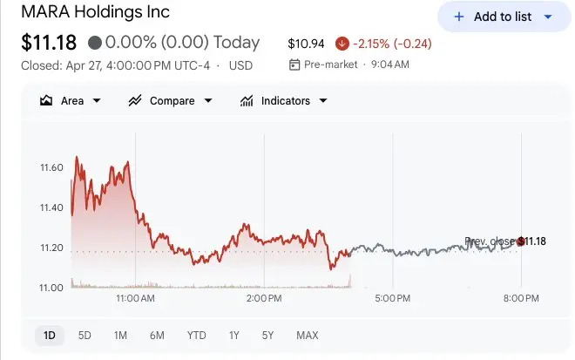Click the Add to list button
point(503,17)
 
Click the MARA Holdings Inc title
point(96,12)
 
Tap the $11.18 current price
point(49,42)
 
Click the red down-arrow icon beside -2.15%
point(342,43)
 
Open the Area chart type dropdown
point(71,100)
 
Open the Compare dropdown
point(171,100)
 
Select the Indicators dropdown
point(284,100)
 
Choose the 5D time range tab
point(85,335)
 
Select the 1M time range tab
point(120,335)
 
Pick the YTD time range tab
point(196,335)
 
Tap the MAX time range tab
point(307,335)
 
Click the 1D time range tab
point(50,335)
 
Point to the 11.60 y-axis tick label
point(51,167)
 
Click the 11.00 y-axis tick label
point(51,288)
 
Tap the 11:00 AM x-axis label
point(135,299)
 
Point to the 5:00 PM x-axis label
point(392,299)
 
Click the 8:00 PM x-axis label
point(521,299)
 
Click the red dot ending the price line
point(521,241)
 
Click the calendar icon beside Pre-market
point(294,65)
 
